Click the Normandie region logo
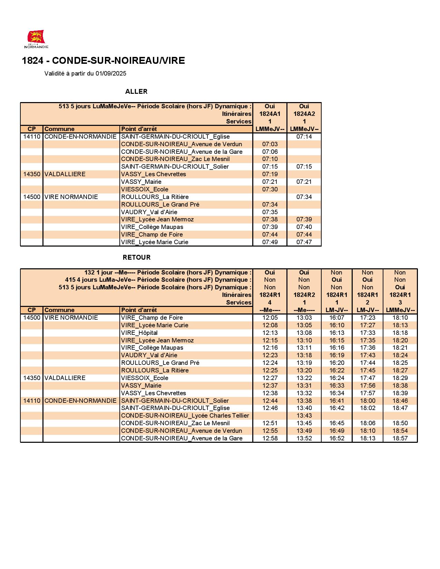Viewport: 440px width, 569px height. (x=36, y=39)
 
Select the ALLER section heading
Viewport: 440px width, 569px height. (x=136, y=91)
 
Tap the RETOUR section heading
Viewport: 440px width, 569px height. (x=137, y=257)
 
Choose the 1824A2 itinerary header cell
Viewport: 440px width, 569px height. (x=304, y=114)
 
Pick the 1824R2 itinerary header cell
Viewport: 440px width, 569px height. (x=304, y=295)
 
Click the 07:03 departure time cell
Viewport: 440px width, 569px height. (x=270, y=144)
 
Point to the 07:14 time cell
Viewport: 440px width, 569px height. (x=304, y=137)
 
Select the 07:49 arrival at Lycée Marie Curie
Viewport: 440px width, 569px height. (x=270, y=242)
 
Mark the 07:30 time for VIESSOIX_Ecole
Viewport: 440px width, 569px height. (x=270, y=189)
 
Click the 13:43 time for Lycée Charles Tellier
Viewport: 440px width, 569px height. (x=304, y=416)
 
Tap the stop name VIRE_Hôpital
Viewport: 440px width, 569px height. (x=139, y=333)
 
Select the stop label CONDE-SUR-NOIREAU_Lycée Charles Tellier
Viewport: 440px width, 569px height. (x=185, y=416)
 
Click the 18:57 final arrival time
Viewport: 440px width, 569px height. (x=400, y=438)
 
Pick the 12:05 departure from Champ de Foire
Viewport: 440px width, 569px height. (x=270, y=318)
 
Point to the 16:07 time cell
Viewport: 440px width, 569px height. (x=336, y=318)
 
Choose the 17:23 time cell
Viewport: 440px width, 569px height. (x=368, y=318)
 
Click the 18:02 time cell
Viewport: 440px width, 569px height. (x=368, y=408)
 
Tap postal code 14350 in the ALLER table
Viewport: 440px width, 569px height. (x=32, y=174)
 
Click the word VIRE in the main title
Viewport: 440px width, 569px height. (x=174, y=61)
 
